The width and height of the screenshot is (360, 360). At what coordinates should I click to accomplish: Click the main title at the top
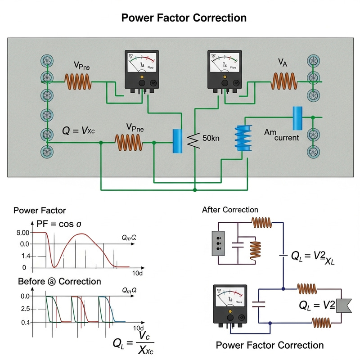click(184, 18)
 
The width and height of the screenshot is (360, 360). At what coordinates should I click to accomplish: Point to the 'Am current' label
click(282, 135)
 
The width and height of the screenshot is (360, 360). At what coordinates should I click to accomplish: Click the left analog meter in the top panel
click(141, 69)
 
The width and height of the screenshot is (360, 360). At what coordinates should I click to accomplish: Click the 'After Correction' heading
click(230, 210)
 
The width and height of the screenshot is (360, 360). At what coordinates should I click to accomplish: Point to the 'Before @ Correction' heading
click(59, 281)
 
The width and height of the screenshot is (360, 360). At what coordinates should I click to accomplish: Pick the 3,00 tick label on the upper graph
click(22, 233)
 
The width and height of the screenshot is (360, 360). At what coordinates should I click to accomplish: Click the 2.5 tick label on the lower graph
click(25, 309)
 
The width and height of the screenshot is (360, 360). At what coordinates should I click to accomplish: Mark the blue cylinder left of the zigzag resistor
click(178, 139)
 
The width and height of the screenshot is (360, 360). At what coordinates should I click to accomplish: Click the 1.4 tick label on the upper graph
click(24, 256)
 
